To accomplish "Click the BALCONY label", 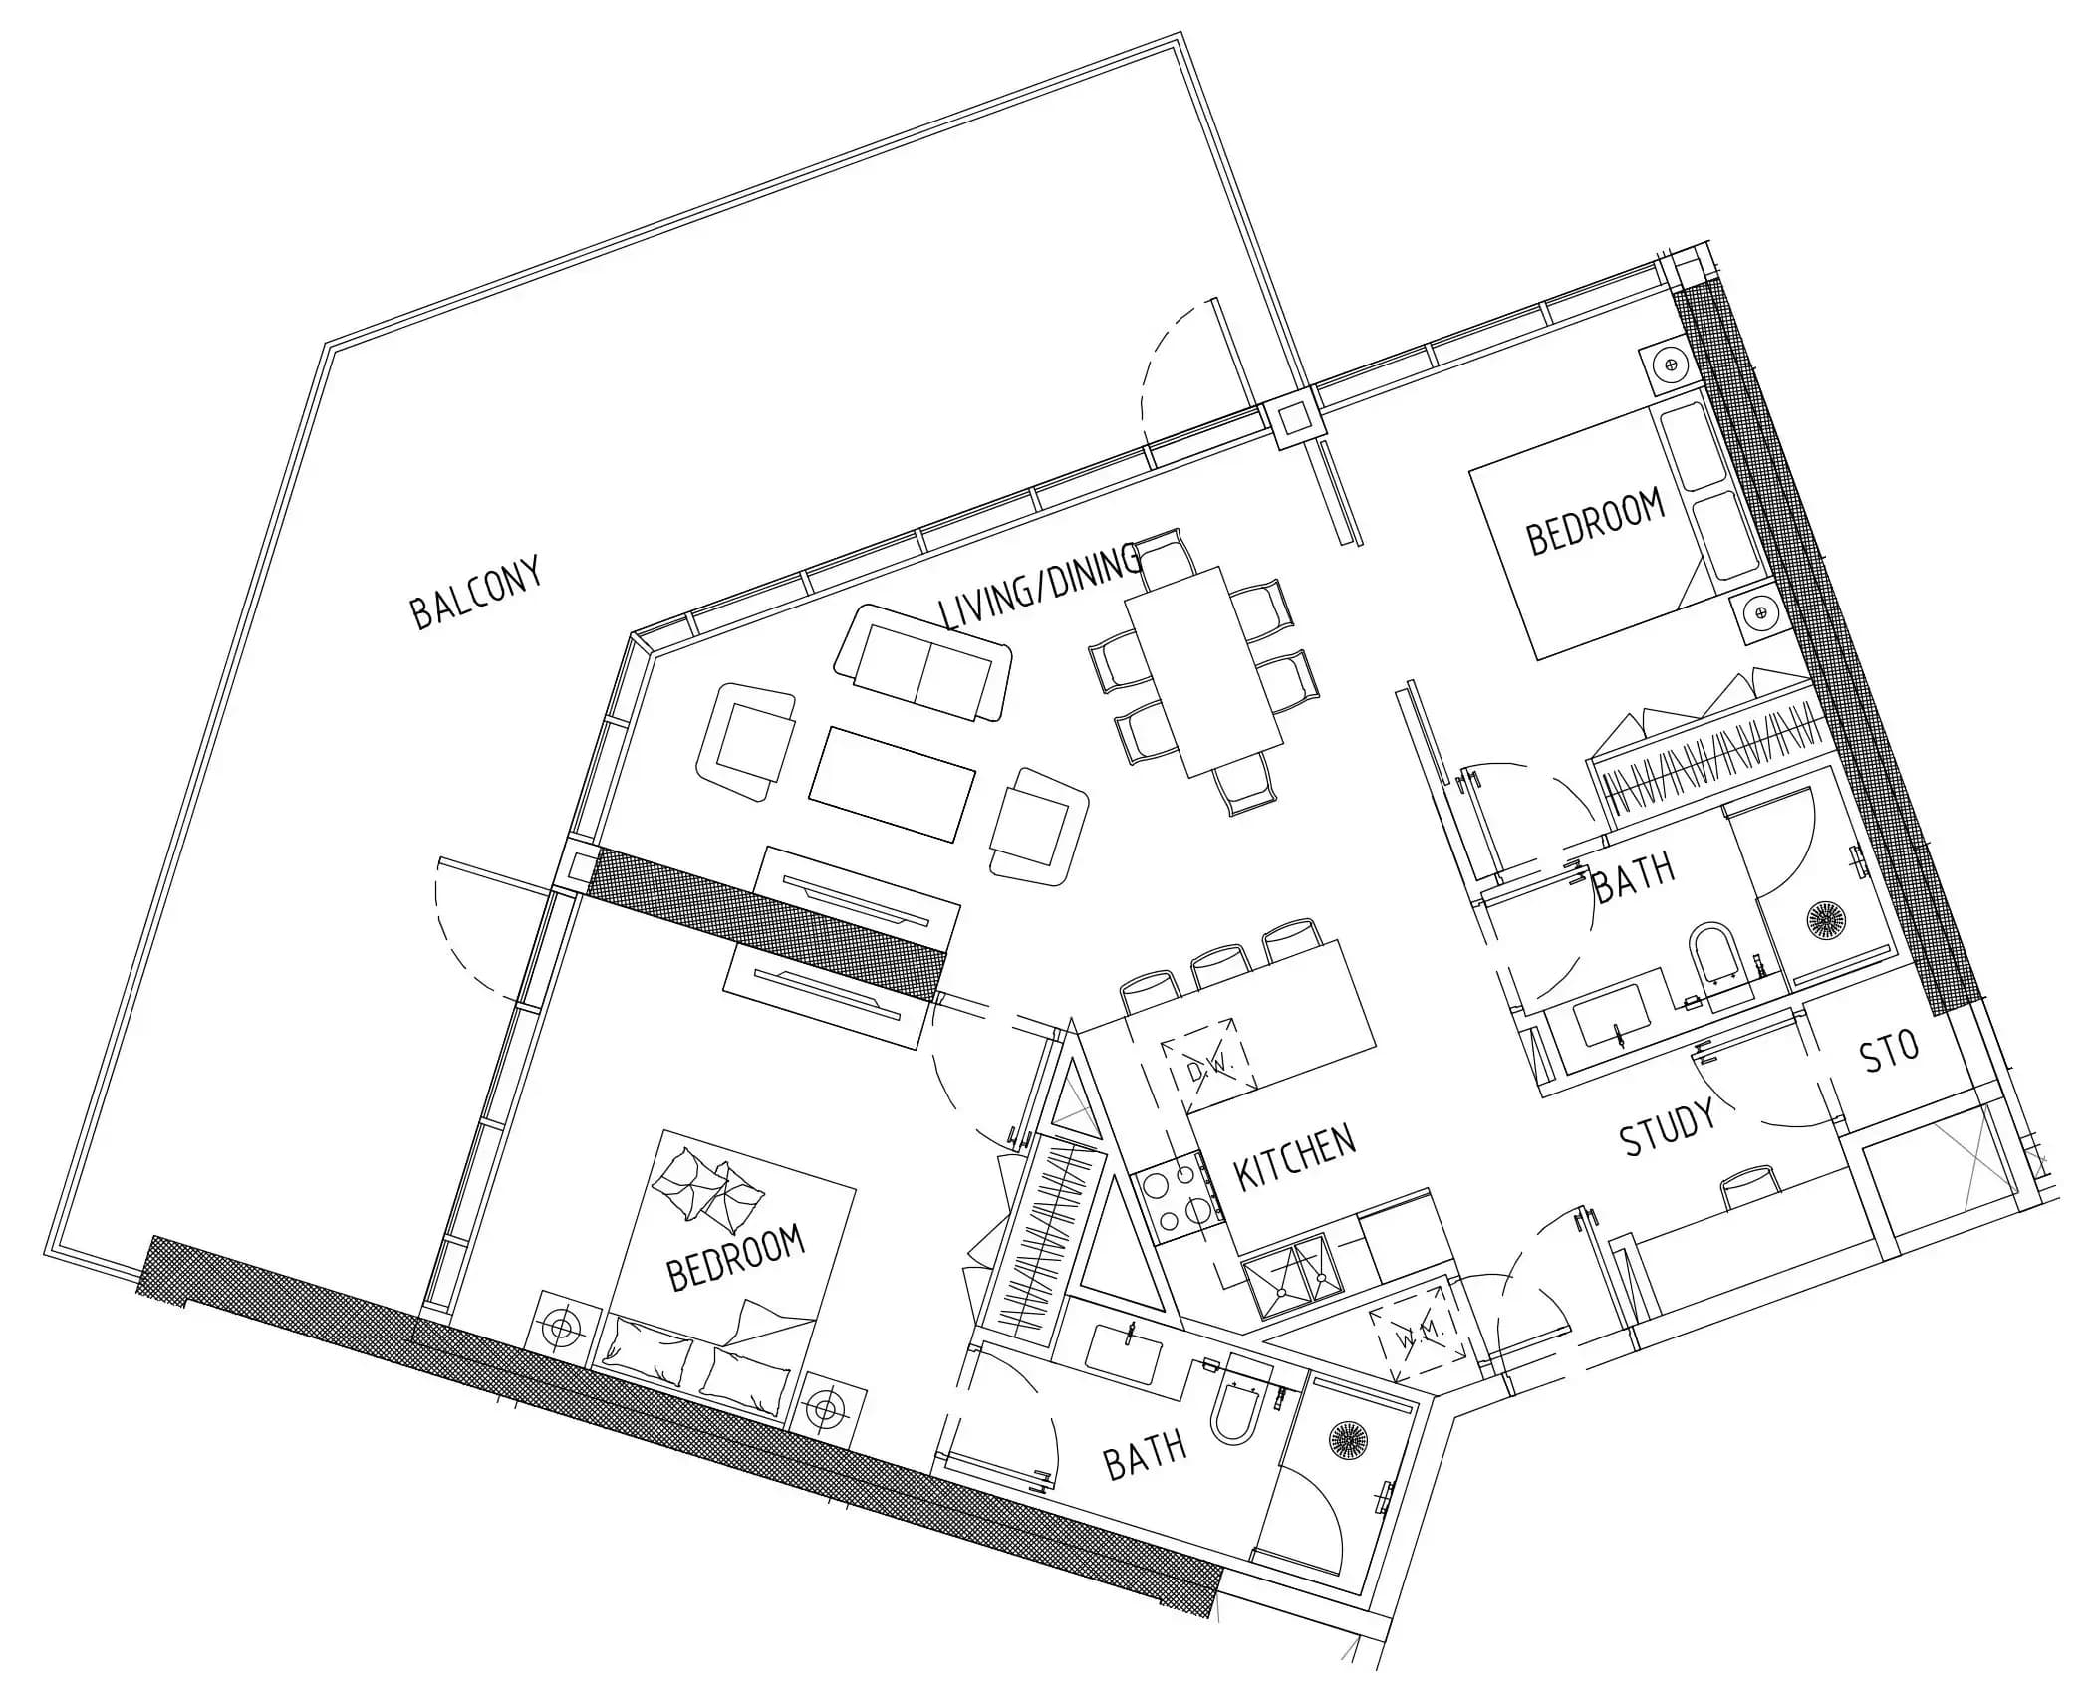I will point(476,594).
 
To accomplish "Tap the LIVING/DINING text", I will point(1040,589).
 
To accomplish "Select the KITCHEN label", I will point(1294,1158).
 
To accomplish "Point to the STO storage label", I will point(1889,1052).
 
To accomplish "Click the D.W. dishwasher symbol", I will point(1210,1070).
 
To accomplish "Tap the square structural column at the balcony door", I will point(1292,419).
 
